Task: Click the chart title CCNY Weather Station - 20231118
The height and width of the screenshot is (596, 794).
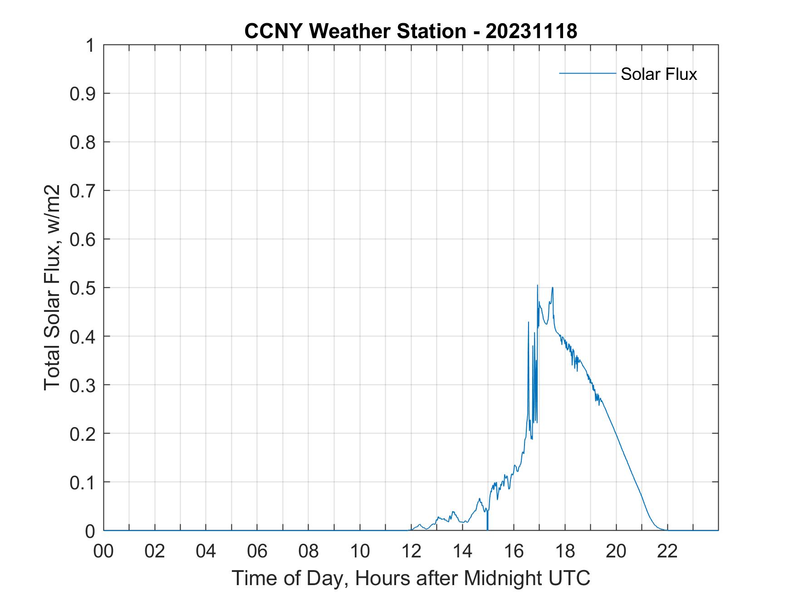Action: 411,31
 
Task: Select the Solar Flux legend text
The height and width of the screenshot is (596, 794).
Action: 658,74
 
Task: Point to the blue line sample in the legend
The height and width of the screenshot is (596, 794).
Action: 587,73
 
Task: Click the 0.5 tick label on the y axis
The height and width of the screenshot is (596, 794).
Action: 83,288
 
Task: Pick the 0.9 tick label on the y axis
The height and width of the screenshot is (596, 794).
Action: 83,94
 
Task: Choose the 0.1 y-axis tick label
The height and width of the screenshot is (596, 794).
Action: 83,482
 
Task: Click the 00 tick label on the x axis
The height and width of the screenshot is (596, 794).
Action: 103,552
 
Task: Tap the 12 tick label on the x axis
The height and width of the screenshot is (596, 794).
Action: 411,552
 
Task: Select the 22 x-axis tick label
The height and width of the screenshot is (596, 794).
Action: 667,552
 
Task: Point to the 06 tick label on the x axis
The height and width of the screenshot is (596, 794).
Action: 257,552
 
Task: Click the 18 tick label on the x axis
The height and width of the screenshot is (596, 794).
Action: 565,552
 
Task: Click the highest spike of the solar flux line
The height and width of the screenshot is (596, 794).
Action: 538,286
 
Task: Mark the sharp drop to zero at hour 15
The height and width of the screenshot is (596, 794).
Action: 488,527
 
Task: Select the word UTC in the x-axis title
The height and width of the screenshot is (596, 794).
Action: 570,578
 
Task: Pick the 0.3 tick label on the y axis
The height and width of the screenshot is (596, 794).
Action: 83,385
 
